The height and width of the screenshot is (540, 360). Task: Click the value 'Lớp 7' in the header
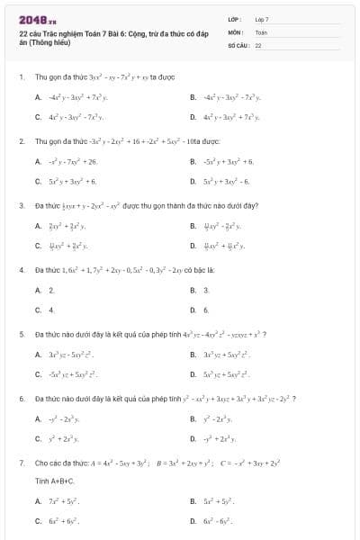(262, 19)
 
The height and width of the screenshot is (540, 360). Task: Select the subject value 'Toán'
(261, 31)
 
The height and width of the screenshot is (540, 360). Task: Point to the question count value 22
(258, 44)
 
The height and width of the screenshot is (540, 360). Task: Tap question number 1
(21, 77)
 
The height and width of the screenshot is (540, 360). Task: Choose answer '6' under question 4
(206, 310)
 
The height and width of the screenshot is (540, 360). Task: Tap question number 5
(21, 334)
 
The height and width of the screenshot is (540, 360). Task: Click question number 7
(21, 463)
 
